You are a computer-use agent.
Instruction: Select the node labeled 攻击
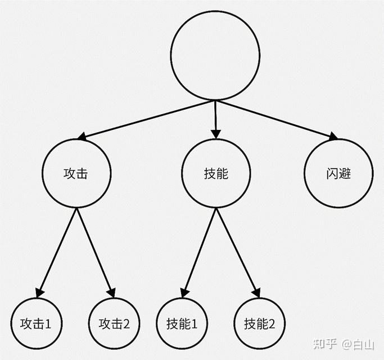click(x=76, y=174)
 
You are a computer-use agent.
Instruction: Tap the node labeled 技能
click(x=216, y=174)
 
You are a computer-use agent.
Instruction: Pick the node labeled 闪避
click(x=338, y=174)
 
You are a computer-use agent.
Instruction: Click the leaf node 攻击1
click(x=36, y=324)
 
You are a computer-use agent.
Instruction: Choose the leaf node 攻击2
click(x=114, y=324)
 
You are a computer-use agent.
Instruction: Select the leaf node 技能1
click(x=182, y=324)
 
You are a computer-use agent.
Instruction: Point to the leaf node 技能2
click(x=259, y=324)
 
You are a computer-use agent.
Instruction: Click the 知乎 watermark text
click(x=325, y=343)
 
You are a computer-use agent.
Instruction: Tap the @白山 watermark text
click(x=358, y=343)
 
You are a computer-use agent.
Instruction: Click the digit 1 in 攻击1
click(x=48, y=324)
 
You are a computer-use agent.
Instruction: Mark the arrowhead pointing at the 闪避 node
click(x=333, y=136)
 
